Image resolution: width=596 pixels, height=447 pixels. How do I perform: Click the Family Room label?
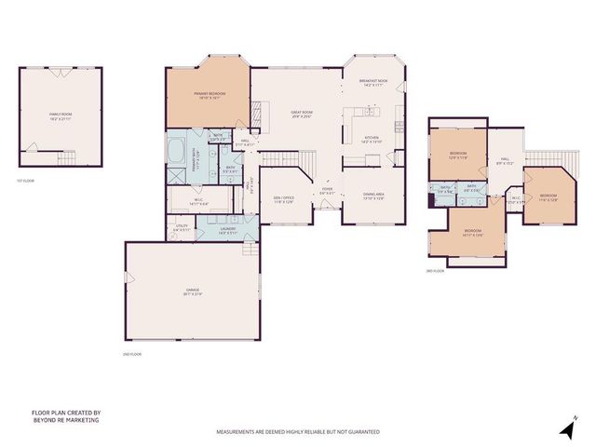(x=60, y=116)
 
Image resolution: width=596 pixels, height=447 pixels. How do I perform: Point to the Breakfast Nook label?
(x=373, y=84)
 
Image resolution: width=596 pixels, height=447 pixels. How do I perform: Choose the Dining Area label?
(x=372, y=196)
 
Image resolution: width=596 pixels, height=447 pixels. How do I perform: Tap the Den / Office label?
(x=282, y=199)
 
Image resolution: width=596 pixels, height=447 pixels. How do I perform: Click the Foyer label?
(x=327, y=192)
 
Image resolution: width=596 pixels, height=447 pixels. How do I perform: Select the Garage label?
(x=192, y=292)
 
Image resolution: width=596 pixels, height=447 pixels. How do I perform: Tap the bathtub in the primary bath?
(x=176, y=146)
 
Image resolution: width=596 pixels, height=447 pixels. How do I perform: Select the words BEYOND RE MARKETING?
(x=65, y=420)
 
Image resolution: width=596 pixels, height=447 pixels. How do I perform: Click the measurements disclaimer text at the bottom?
(x=298, y=432)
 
